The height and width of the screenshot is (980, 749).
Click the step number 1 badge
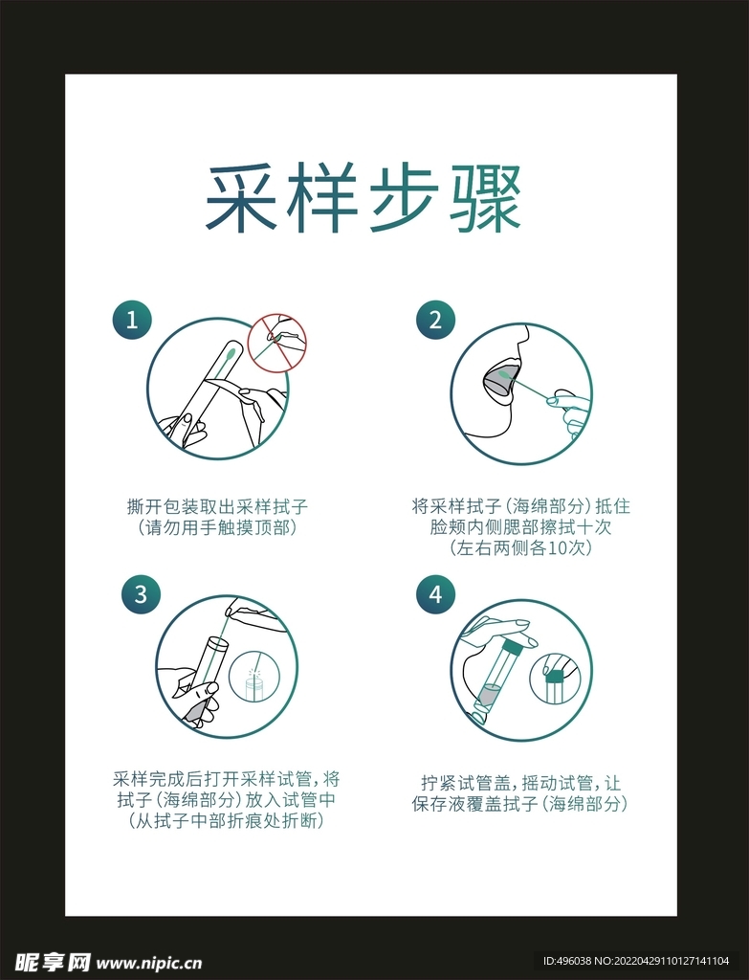point(132,320)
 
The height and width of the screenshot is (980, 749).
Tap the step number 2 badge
point(435,320)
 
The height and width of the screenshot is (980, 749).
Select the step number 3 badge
point(141,593)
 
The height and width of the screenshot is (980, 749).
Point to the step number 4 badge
point(435,593)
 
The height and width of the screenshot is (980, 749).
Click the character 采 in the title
point(240,198)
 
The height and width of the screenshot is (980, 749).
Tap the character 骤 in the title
point(485,198)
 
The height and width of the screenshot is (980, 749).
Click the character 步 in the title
point(405,198)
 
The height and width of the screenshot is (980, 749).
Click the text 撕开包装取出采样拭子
point(217,506)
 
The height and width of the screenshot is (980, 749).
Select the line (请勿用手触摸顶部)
point(217,527)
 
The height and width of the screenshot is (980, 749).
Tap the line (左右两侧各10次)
point(519,548)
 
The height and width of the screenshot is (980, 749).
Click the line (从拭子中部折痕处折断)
point(226,820)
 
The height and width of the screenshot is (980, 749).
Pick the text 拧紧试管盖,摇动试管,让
point(520,783)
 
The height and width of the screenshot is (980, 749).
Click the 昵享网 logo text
point(53,962)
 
